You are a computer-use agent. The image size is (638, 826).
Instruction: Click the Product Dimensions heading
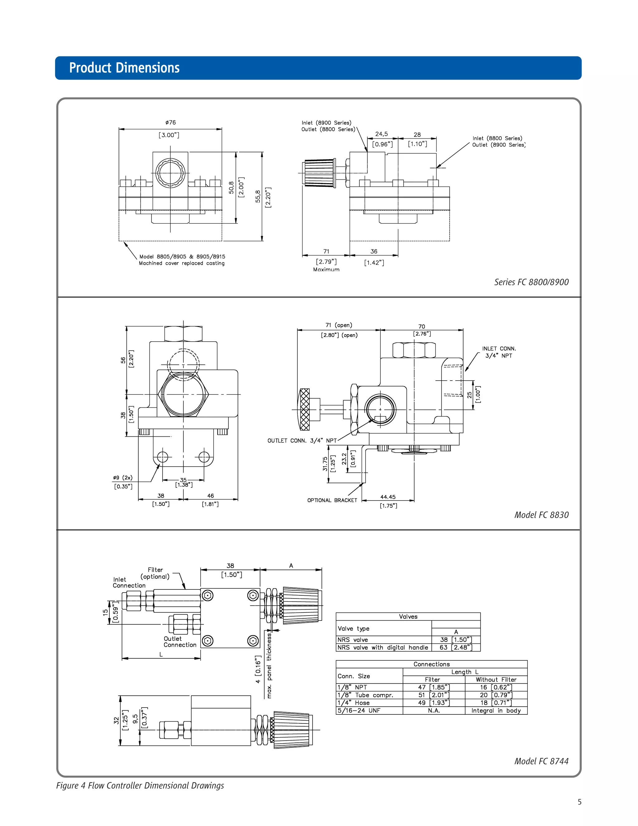click(x=124, y=68)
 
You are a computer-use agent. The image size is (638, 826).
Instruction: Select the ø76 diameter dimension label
click(x=170, y=122)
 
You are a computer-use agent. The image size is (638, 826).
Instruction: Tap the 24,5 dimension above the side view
click(x=381, y=134)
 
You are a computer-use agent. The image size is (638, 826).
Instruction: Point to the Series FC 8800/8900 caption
click(x=531, y=282)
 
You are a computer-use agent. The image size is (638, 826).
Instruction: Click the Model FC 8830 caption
click(x=541, y=515)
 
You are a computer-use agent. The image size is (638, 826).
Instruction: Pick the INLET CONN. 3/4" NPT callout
click(x=498, y=352)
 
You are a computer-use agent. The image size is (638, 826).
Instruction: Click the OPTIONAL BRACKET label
click(x=332, y=500)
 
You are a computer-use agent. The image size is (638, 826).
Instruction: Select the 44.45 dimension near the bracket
click(x=388, y=497)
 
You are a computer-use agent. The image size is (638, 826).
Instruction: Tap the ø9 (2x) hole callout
click(x=123, y=478)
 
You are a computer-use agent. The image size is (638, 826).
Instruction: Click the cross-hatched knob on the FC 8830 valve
click(x=305, y=409)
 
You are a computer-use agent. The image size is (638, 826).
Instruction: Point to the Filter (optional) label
click(x=155, y=573)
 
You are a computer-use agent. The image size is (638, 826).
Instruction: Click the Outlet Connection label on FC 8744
click(x=180, y=642)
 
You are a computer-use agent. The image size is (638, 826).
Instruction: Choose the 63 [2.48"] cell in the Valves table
click(x=456, y=647)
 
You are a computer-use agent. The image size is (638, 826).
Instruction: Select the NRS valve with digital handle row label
click(x=383, y=647)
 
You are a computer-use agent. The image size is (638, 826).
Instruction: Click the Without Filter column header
click(x=496, y=680)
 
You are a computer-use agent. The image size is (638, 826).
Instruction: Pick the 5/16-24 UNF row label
click(x=359, y=711)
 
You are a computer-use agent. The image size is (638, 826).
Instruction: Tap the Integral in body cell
click(x=496, y=711)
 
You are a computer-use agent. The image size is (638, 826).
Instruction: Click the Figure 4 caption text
click(x=140, y=785)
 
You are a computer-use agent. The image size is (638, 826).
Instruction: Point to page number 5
click(x=579, y=802)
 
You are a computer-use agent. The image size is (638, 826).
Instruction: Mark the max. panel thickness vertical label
click(x=269, y=666)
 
